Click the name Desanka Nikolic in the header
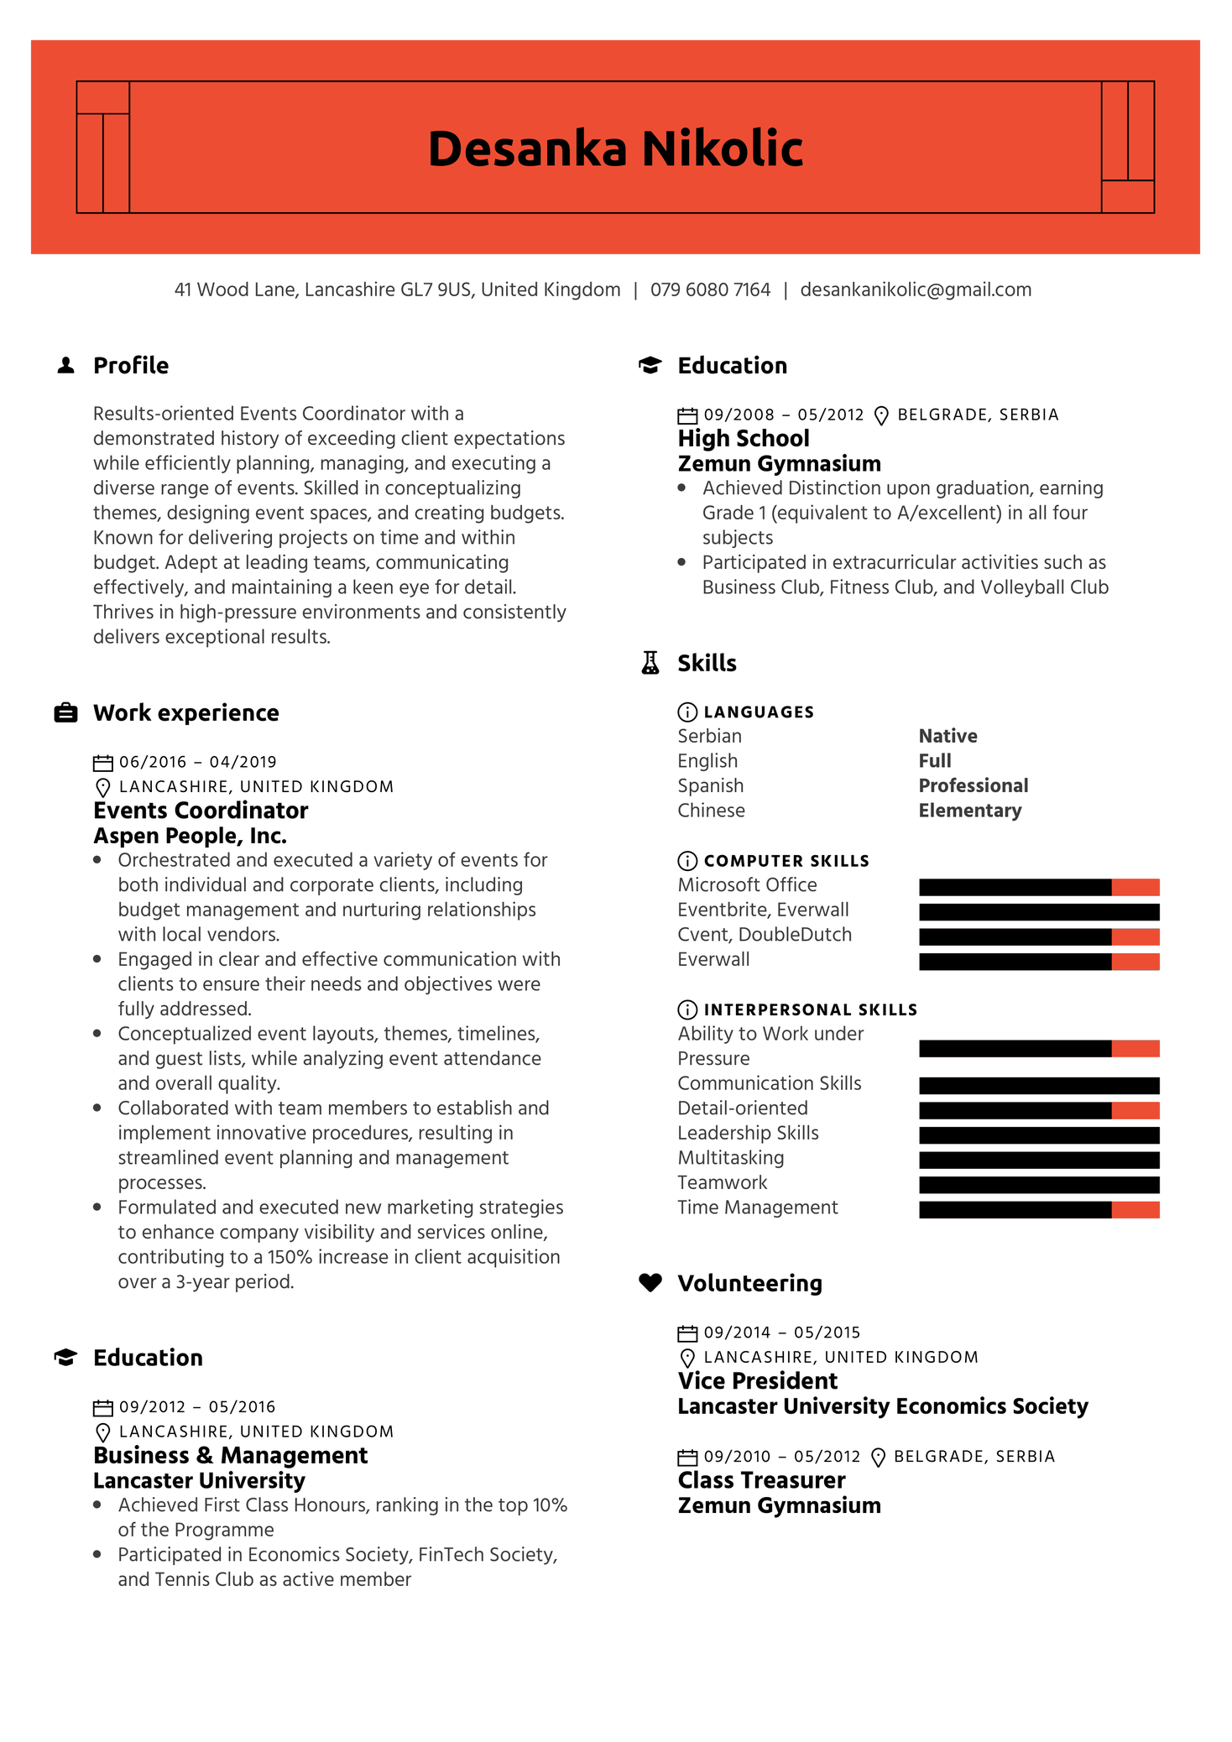(x=615, y=149)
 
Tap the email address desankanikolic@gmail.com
(x=915, y=289)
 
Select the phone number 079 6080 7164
(x=710, y=289)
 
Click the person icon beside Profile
(x=65, y=365)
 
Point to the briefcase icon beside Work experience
(x=65, y=712)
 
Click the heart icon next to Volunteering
(x=650, y=1282)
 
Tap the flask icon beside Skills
(x=650, y=663)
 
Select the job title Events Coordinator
(x=201, y=811)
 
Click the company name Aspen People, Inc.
(x=190, y=836)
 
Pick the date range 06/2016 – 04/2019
(x=197, y=762)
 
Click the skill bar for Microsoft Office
(x=1038, y=887)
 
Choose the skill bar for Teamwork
(x=1038, y=1184)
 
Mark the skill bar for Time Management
(x=1038, y=1209)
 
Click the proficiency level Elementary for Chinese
(x=969, y=811)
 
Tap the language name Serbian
(x=709, y=736)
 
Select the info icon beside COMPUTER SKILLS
(x=686, y=861)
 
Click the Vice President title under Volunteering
(x=757, y=1381)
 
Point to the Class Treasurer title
(x=761, y=1480)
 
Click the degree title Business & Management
(x=230, y=1456)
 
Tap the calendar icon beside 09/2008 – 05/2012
(x=687, y=415)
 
